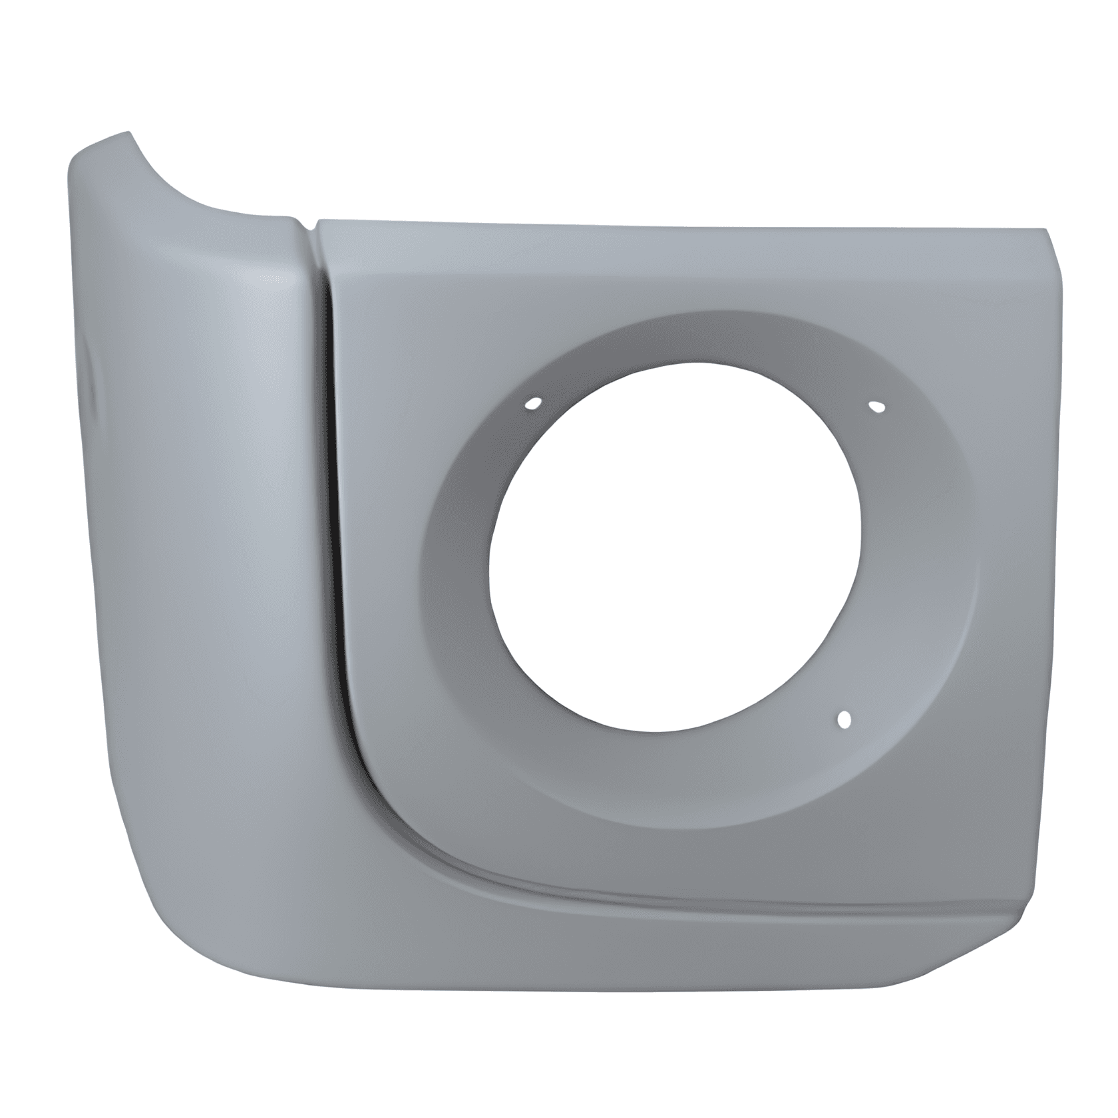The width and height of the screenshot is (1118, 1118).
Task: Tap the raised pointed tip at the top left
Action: point(123,136)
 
